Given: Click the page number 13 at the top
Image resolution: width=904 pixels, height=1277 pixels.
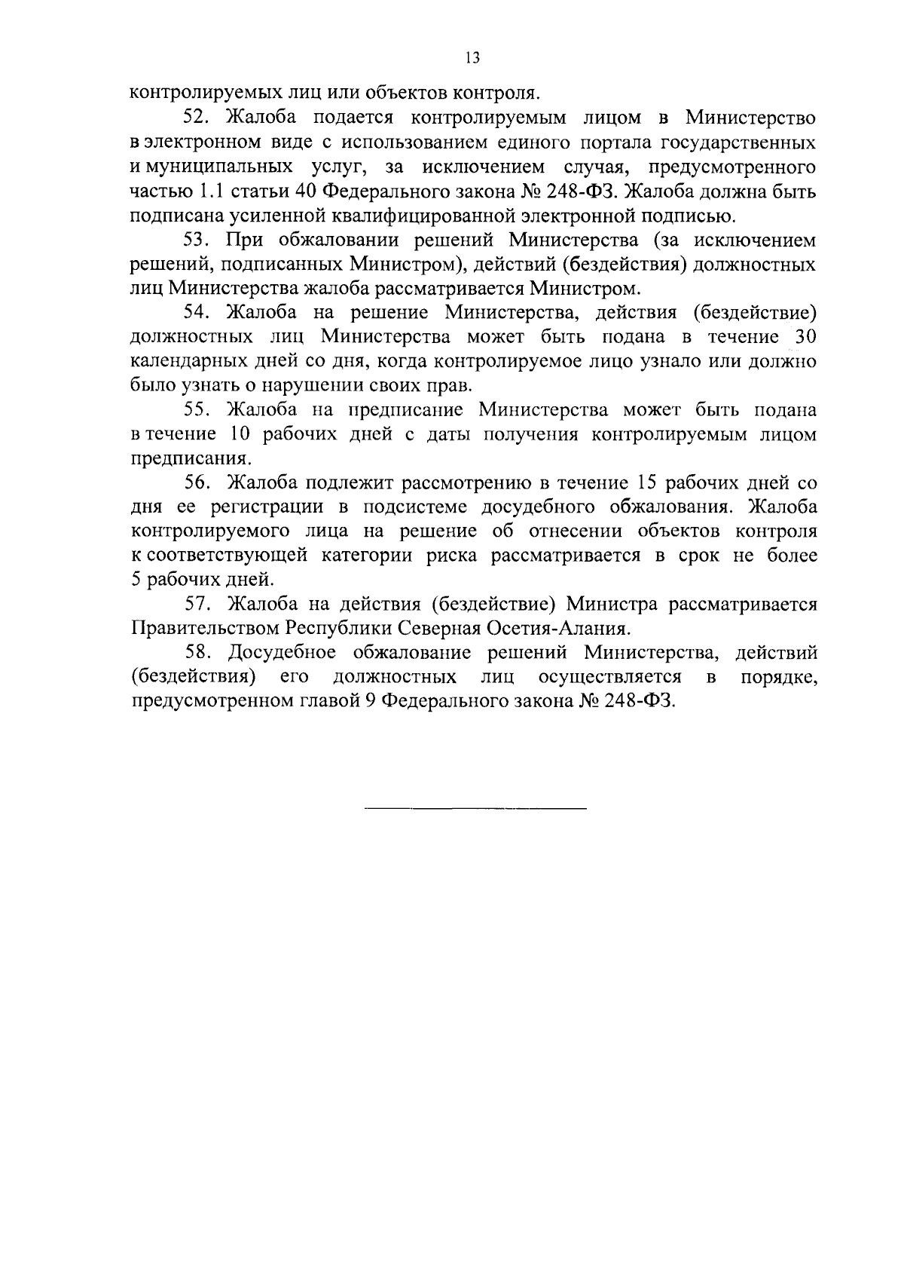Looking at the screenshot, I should (472, 58).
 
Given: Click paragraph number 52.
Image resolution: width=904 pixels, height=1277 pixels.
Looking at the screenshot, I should (199, 118).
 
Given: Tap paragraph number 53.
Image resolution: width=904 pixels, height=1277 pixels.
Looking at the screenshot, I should (199, 240).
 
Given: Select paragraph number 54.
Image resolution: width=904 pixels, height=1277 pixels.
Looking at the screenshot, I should (199, 314).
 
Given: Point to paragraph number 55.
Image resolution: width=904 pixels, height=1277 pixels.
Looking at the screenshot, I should (199, 411).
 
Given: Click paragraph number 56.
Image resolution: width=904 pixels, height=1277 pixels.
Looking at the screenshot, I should (199, 483).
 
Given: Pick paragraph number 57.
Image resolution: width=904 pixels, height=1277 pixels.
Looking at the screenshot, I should (199, 605).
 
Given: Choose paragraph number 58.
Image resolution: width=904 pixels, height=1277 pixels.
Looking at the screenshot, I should (199, 653).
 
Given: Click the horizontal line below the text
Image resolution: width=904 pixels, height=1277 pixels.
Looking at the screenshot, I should (475, 809).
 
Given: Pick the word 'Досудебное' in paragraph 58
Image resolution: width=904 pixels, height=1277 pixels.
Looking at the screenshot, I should (286, 653).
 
